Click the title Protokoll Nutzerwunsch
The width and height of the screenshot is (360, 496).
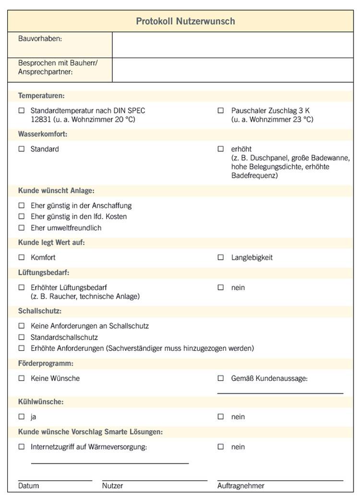pyautogui.click(x=185, y=21)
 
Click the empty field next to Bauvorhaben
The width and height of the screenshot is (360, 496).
pyautogui.click(x=232, y=45)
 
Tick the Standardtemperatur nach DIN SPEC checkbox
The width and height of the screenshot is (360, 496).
pyautogui.click(x=21, y=110)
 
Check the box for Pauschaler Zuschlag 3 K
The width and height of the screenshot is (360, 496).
pyautogui.click(x=221, y=110)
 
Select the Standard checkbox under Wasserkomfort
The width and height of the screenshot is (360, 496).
pyautogui.click(x=21, y=149)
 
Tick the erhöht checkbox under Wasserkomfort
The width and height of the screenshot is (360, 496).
pyautogui.click(x=221, y=149)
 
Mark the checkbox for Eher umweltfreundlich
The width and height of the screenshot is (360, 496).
pyautogui.click(x=21, y=228)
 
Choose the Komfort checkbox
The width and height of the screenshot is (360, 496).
pyautogui.click(x=21, y=257)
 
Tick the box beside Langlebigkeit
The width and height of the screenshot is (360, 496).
pyautogui.click(x=221, y=257)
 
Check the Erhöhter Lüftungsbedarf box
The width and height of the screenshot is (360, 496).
pyautogui.click(x=21, y=287)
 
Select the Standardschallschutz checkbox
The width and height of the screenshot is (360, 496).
pyautogui.click(x=21, y=337)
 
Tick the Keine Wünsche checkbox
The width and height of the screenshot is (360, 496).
pyautogui.click(x=21, y=378)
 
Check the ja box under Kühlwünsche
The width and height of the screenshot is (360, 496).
pyautogui.click(x=21, y=416)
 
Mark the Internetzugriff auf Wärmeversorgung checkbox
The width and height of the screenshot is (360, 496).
pyautogui.click(x=21, y=447)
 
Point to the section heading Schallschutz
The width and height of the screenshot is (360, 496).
pyautogui.click(x=36, y=311)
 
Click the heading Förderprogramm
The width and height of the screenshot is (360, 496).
pyautogui.click(x=46, y=363)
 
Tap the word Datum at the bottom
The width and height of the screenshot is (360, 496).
pyautogui.click(x=28, y=486)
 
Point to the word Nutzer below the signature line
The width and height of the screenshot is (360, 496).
pyautogui.click(x=112, y=486)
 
